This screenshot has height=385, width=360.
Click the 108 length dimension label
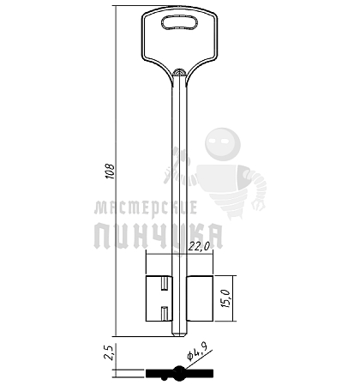(x=110, y=171)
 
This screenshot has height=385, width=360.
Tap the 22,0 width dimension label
(x=199, y=246)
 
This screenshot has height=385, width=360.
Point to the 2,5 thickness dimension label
(x=109, y=352)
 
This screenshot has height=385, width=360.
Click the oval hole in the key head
(x=179, y=22)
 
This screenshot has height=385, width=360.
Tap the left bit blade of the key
(x=159, y=298)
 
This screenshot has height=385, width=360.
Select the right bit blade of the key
(x=200, y=298)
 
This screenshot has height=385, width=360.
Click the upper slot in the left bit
(x=165, y=284)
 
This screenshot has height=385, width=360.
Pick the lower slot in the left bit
(x=165, y=313)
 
